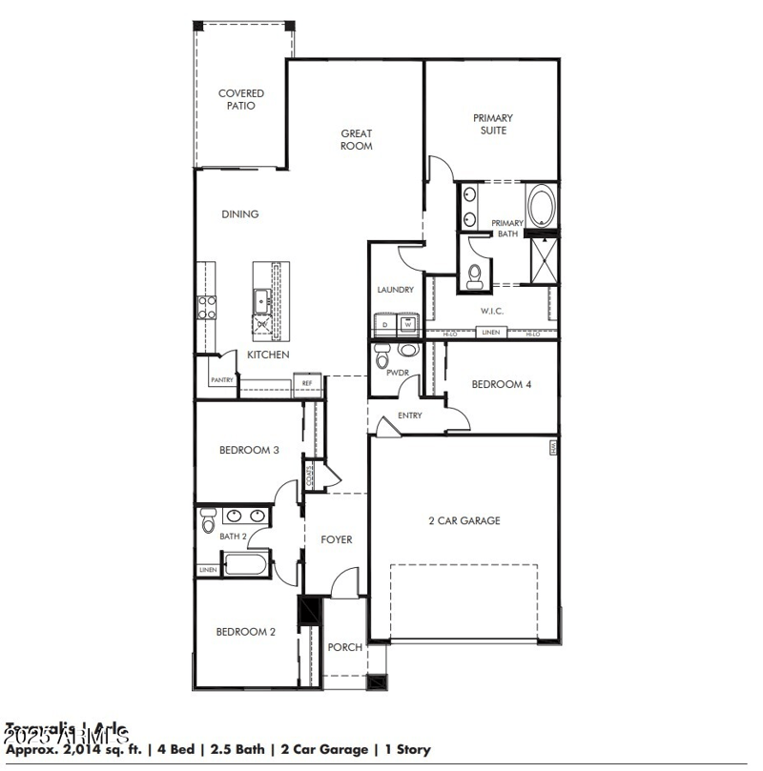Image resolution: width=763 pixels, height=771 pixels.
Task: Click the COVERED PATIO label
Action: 240,100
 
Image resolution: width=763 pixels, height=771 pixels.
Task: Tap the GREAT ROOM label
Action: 357,140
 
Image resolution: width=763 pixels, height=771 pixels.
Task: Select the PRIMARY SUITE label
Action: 492,124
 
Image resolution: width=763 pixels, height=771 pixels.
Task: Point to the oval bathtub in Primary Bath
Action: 541,205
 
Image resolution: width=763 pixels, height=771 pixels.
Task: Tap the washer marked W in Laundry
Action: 407,324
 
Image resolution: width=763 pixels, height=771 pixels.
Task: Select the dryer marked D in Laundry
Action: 385,324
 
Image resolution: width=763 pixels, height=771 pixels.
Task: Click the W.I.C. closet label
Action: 492,311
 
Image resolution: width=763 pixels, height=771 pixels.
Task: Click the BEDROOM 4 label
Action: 503,384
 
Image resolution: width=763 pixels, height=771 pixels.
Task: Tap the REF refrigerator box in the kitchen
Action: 307,383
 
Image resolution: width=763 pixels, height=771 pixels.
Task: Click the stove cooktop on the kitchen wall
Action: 206,307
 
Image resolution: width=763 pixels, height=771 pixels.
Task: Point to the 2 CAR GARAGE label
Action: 464,520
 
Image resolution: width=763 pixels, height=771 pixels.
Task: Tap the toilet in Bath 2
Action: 209,521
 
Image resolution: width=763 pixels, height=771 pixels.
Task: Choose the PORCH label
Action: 345,647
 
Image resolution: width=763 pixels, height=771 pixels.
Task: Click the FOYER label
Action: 336,539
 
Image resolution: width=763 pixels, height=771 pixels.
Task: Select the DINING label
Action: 240,214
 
